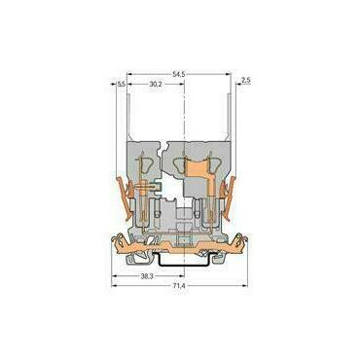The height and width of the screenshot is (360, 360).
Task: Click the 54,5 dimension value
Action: [x=179, y=74]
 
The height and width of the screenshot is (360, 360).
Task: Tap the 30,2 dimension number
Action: [x=156, y=84]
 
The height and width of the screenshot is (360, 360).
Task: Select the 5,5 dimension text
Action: [x=122, y=85]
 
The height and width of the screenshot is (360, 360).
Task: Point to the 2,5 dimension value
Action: [x=246, y=81]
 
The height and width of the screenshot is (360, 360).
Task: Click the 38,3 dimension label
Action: [x=147, y=276]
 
